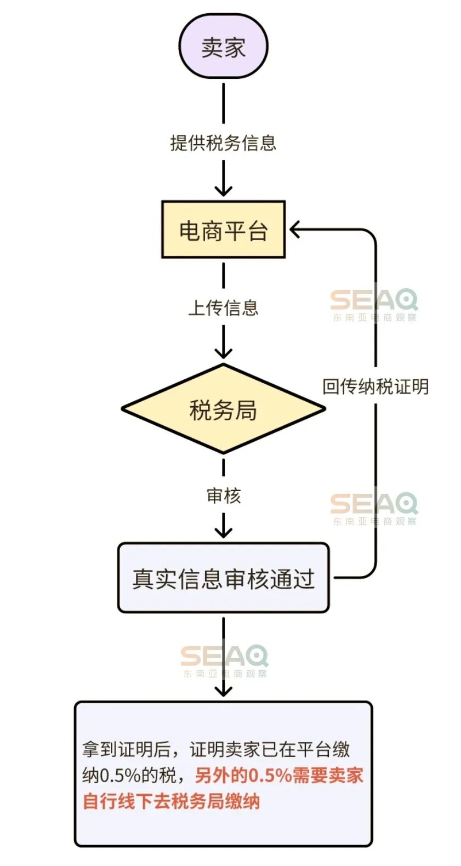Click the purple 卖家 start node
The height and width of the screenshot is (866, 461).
click(223, 47)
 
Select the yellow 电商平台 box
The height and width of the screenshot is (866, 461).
click(223, 230)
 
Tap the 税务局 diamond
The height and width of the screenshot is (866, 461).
click(223, 409)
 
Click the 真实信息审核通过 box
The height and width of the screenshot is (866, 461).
click(223, 578)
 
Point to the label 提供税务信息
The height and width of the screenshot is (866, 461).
click(223, 143)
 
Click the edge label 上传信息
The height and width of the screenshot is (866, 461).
click(223, 307)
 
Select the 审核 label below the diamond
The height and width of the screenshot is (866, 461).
click(223, 495)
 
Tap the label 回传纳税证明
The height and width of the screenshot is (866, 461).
click(375, 386)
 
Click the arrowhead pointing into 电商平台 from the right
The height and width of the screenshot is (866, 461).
click(295, 230)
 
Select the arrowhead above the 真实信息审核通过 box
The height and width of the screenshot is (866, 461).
click(223, 533)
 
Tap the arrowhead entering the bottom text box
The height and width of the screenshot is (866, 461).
click(223, 692)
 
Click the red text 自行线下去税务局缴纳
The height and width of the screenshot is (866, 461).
click(171, 801)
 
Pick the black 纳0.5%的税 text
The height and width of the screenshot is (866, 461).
click(129, 775)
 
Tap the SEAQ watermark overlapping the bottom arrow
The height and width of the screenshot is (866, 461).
click(224, 660)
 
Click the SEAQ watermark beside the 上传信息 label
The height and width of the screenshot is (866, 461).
click(374, 305)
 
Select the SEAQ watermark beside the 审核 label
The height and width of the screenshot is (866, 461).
click(374, 508)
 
